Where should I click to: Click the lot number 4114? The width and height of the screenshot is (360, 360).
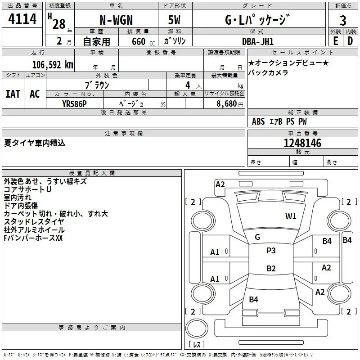click(x=22, y=19)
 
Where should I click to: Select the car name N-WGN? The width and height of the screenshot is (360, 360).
click(x=116, y=20)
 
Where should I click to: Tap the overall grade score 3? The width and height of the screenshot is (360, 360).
click(x=343, y=21)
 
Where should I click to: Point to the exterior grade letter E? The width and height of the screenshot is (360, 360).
click(x=336, y=41)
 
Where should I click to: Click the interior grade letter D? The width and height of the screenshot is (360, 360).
click(x=350, y=41)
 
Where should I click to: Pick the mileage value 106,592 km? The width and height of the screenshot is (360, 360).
click(x=53, y=65)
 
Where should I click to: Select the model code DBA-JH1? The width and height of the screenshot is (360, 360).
click(x=258, y=41)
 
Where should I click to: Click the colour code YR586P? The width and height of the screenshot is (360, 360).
click(x=74, y=104)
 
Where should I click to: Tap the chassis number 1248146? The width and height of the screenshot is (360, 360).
click(x=302, y=143)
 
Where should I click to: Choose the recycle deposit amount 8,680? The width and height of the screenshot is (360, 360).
click(x=227, y=103)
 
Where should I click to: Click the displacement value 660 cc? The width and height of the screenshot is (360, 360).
click(x=143, y=41)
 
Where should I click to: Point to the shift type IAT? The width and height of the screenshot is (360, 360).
click(x=13, y=94)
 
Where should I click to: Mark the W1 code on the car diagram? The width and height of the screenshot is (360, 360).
click(x=291, y=216)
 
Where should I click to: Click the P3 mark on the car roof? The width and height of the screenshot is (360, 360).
click(x=271, y=250)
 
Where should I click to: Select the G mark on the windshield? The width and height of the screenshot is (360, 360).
click(x=257, y=237)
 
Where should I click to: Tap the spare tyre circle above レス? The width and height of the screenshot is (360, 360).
click(x=197, y=328)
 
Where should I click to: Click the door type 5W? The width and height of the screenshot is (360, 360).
click(x=174, y=20)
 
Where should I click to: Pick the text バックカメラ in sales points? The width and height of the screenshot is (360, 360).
click(x=268, y=72)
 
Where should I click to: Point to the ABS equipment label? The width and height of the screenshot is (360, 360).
click(x=258, y=121)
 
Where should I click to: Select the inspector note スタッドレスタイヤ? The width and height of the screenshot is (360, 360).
click(x=34, y=222)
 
